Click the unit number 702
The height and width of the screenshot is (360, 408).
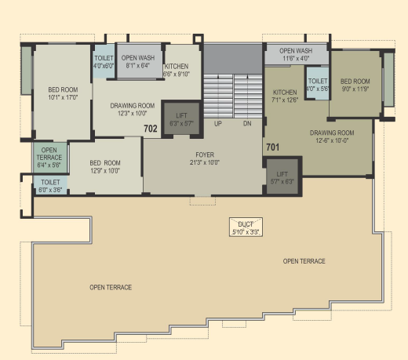[x=151, y=129]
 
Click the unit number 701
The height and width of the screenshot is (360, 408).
[x=273, y=147]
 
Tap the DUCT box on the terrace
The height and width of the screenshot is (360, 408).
[x=246, y=227]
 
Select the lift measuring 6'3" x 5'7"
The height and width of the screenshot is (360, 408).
[x=181, y=119]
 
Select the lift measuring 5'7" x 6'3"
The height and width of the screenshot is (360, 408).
[x=282, y=176]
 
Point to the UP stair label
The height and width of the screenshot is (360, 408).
[x=218, y=124]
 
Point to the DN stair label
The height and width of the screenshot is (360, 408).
[x=247, y=124]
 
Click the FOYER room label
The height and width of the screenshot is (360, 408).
[x=205, y=155]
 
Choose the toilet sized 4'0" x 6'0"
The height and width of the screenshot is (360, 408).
[x=104, y=62]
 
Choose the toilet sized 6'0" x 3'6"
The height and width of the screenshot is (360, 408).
[x=50, y=186]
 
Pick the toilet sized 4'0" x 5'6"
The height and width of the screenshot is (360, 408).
[x=318, y=83]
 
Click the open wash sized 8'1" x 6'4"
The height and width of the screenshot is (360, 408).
[x=138, y=61]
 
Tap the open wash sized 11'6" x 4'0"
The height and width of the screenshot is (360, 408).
[x=296, y=54]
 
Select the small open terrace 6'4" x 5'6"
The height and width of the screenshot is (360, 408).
[x=49, y=158]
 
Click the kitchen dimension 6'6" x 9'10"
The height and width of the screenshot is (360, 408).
[x=177, y=74]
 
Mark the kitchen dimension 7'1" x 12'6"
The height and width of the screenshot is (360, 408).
[x=285, y=100]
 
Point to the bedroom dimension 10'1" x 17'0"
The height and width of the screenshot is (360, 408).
[x=63, y=97]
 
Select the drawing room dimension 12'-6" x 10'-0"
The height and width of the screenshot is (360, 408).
[x=332, y=140]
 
